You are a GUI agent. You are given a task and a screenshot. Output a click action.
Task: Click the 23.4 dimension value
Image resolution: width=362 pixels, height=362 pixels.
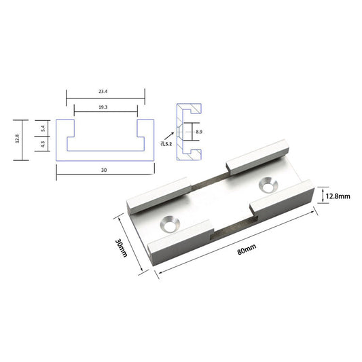[x=103, y=92]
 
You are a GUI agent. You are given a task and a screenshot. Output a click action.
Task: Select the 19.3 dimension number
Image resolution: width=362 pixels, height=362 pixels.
[x=103, y=107]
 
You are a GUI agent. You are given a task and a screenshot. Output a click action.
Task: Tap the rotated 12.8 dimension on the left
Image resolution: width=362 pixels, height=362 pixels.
[x=17, y=139]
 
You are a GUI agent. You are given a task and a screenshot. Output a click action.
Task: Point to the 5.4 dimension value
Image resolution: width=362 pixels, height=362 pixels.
[x=43, y=128]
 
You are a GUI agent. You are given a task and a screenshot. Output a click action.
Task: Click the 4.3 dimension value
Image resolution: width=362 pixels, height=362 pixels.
[x=43, y=144]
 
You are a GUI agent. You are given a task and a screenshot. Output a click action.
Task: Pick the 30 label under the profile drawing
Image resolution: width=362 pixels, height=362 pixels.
[x=104, y=170]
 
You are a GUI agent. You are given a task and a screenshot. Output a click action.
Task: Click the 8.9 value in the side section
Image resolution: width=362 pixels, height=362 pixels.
[x=199, y=132]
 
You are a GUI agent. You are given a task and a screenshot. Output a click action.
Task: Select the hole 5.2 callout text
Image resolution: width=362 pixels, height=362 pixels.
[x=166, y=144]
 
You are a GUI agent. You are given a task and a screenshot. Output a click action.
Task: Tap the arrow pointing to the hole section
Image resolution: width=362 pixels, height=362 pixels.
[x=169, y=136]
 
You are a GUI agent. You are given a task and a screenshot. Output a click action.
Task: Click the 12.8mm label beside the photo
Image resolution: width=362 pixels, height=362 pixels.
[x=338, y=196]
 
